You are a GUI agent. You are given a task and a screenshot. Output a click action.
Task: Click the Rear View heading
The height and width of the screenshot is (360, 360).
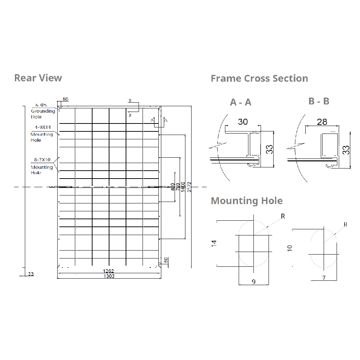pos(38,78)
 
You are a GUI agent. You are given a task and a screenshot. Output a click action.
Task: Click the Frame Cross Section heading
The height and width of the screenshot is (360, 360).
pos(259,78)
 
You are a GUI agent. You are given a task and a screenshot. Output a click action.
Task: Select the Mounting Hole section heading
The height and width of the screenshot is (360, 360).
pos(247,201)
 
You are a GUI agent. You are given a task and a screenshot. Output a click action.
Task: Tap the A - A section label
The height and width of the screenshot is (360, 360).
pos(240,102)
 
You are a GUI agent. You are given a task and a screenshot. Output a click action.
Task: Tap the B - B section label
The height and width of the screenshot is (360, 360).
pos(319,101)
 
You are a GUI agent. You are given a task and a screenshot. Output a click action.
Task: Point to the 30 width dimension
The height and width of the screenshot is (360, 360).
pos(243,122)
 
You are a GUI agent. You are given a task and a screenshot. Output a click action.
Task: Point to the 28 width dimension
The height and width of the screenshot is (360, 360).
pos(322,122)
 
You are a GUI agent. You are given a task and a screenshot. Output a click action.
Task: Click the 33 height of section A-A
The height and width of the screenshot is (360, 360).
pos(270,149)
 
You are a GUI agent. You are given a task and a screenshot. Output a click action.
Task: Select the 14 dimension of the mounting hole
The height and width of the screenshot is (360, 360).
pos(214,243)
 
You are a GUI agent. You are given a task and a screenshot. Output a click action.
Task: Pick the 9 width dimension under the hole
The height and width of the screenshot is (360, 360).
pos(253,282)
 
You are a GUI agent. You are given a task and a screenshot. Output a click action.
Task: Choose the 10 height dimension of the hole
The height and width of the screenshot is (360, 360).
pos(290,248)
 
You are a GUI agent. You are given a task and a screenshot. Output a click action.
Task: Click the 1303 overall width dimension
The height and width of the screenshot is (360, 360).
pos(109,276)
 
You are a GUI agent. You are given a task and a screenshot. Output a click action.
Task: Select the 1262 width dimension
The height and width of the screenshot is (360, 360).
pos(108,271)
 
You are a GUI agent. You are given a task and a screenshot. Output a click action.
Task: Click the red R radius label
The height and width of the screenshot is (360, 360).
pos(346,225)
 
